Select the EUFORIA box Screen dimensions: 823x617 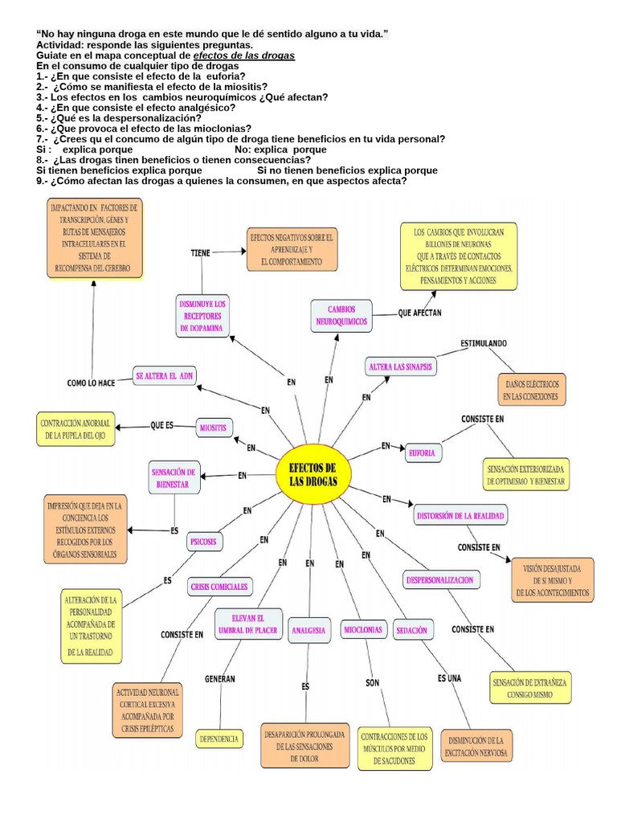[421, 452]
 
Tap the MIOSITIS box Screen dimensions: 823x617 [214, 427]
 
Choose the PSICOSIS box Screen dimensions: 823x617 [203, 543]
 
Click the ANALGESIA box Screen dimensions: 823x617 [308, 629]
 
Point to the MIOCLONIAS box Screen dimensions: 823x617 [362, 629]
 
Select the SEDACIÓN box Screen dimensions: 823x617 [411, 630]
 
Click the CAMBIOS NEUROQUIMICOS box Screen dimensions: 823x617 [341, 315]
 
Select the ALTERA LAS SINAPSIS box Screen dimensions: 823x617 [401, 366]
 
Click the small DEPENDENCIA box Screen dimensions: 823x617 [219, 737]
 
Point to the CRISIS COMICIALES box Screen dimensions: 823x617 [219, 586]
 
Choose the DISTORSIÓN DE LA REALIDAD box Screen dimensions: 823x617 [462, 514]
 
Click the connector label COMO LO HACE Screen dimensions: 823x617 [92, 383]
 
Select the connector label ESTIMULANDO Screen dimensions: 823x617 [483, 343]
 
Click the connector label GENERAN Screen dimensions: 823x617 [219, 678]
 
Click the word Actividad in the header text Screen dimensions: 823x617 [60, 45]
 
